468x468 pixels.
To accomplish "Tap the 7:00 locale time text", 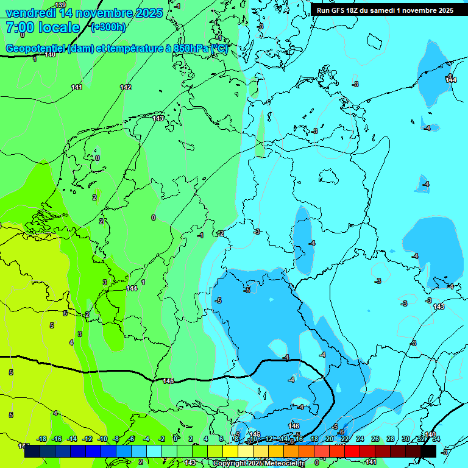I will pyautogui.click(x=42, y=27).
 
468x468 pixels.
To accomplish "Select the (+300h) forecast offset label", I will pyautogui.click(x=108, y=27).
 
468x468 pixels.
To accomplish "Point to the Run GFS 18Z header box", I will pyautogui.click(x=385, y=10).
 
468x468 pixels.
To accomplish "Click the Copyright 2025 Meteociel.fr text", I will pyautogui.click(x=258, y=463).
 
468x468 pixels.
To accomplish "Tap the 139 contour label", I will pyautogui.click(x=60, y=5).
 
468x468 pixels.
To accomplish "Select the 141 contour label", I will pyautogui.click(x=77, y=87).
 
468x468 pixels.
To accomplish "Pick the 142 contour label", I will pyautogui.click(x=126, y=87).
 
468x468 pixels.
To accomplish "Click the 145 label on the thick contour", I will pyautogui.click(x=168, y=381).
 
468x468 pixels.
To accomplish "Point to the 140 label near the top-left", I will pyautogui.click(x=50, y=55).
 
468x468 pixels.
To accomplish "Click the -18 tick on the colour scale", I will pyautogui.click(x=42, y=439).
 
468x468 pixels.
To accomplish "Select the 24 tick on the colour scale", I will pyautogui.click(x=360, y=439).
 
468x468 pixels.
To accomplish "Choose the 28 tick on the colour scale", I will pyautogui.click(x=390, y=439).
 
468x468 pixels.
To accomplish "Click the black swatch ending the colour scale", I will pyautogui.click(x=428, y=451).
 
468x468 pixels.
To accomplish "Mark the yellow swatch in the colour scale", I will pyautogui.click(x=230, y=451).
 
